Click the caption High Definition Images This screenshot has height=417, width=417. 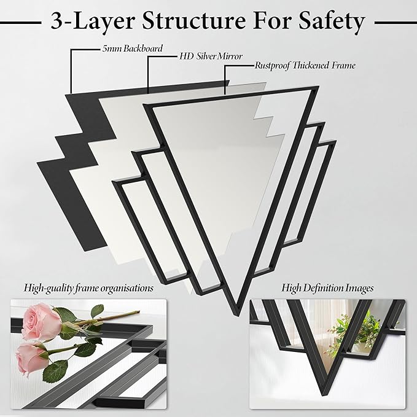coord(327,287)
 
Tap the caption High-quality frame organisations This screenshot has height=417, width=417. coord(89,287)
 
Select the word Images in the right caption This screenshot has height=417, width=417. coord(359,287)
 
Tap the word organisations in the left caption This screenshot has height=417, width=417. coord(127,287)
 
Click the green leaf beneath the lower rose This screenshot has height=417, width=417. coord(57,371)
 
